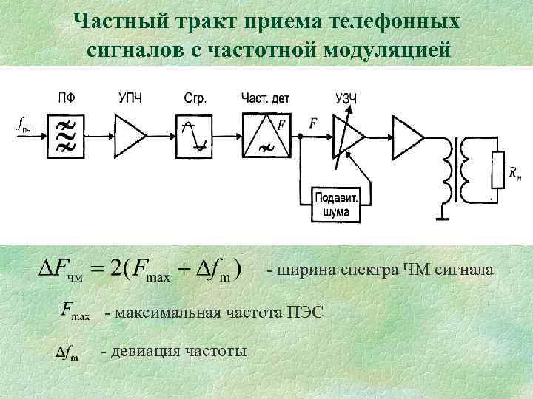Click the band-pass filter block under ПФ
click(66, 135)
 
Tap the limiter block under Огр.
click(193, 135)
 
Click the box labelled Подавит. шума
click(338, 204)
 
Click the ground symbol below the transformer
click(441, 217)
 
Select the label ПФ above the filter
click(66, 98)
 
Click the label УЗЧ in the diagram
click(346, 98)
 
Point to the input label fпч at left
click(24, 127)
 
